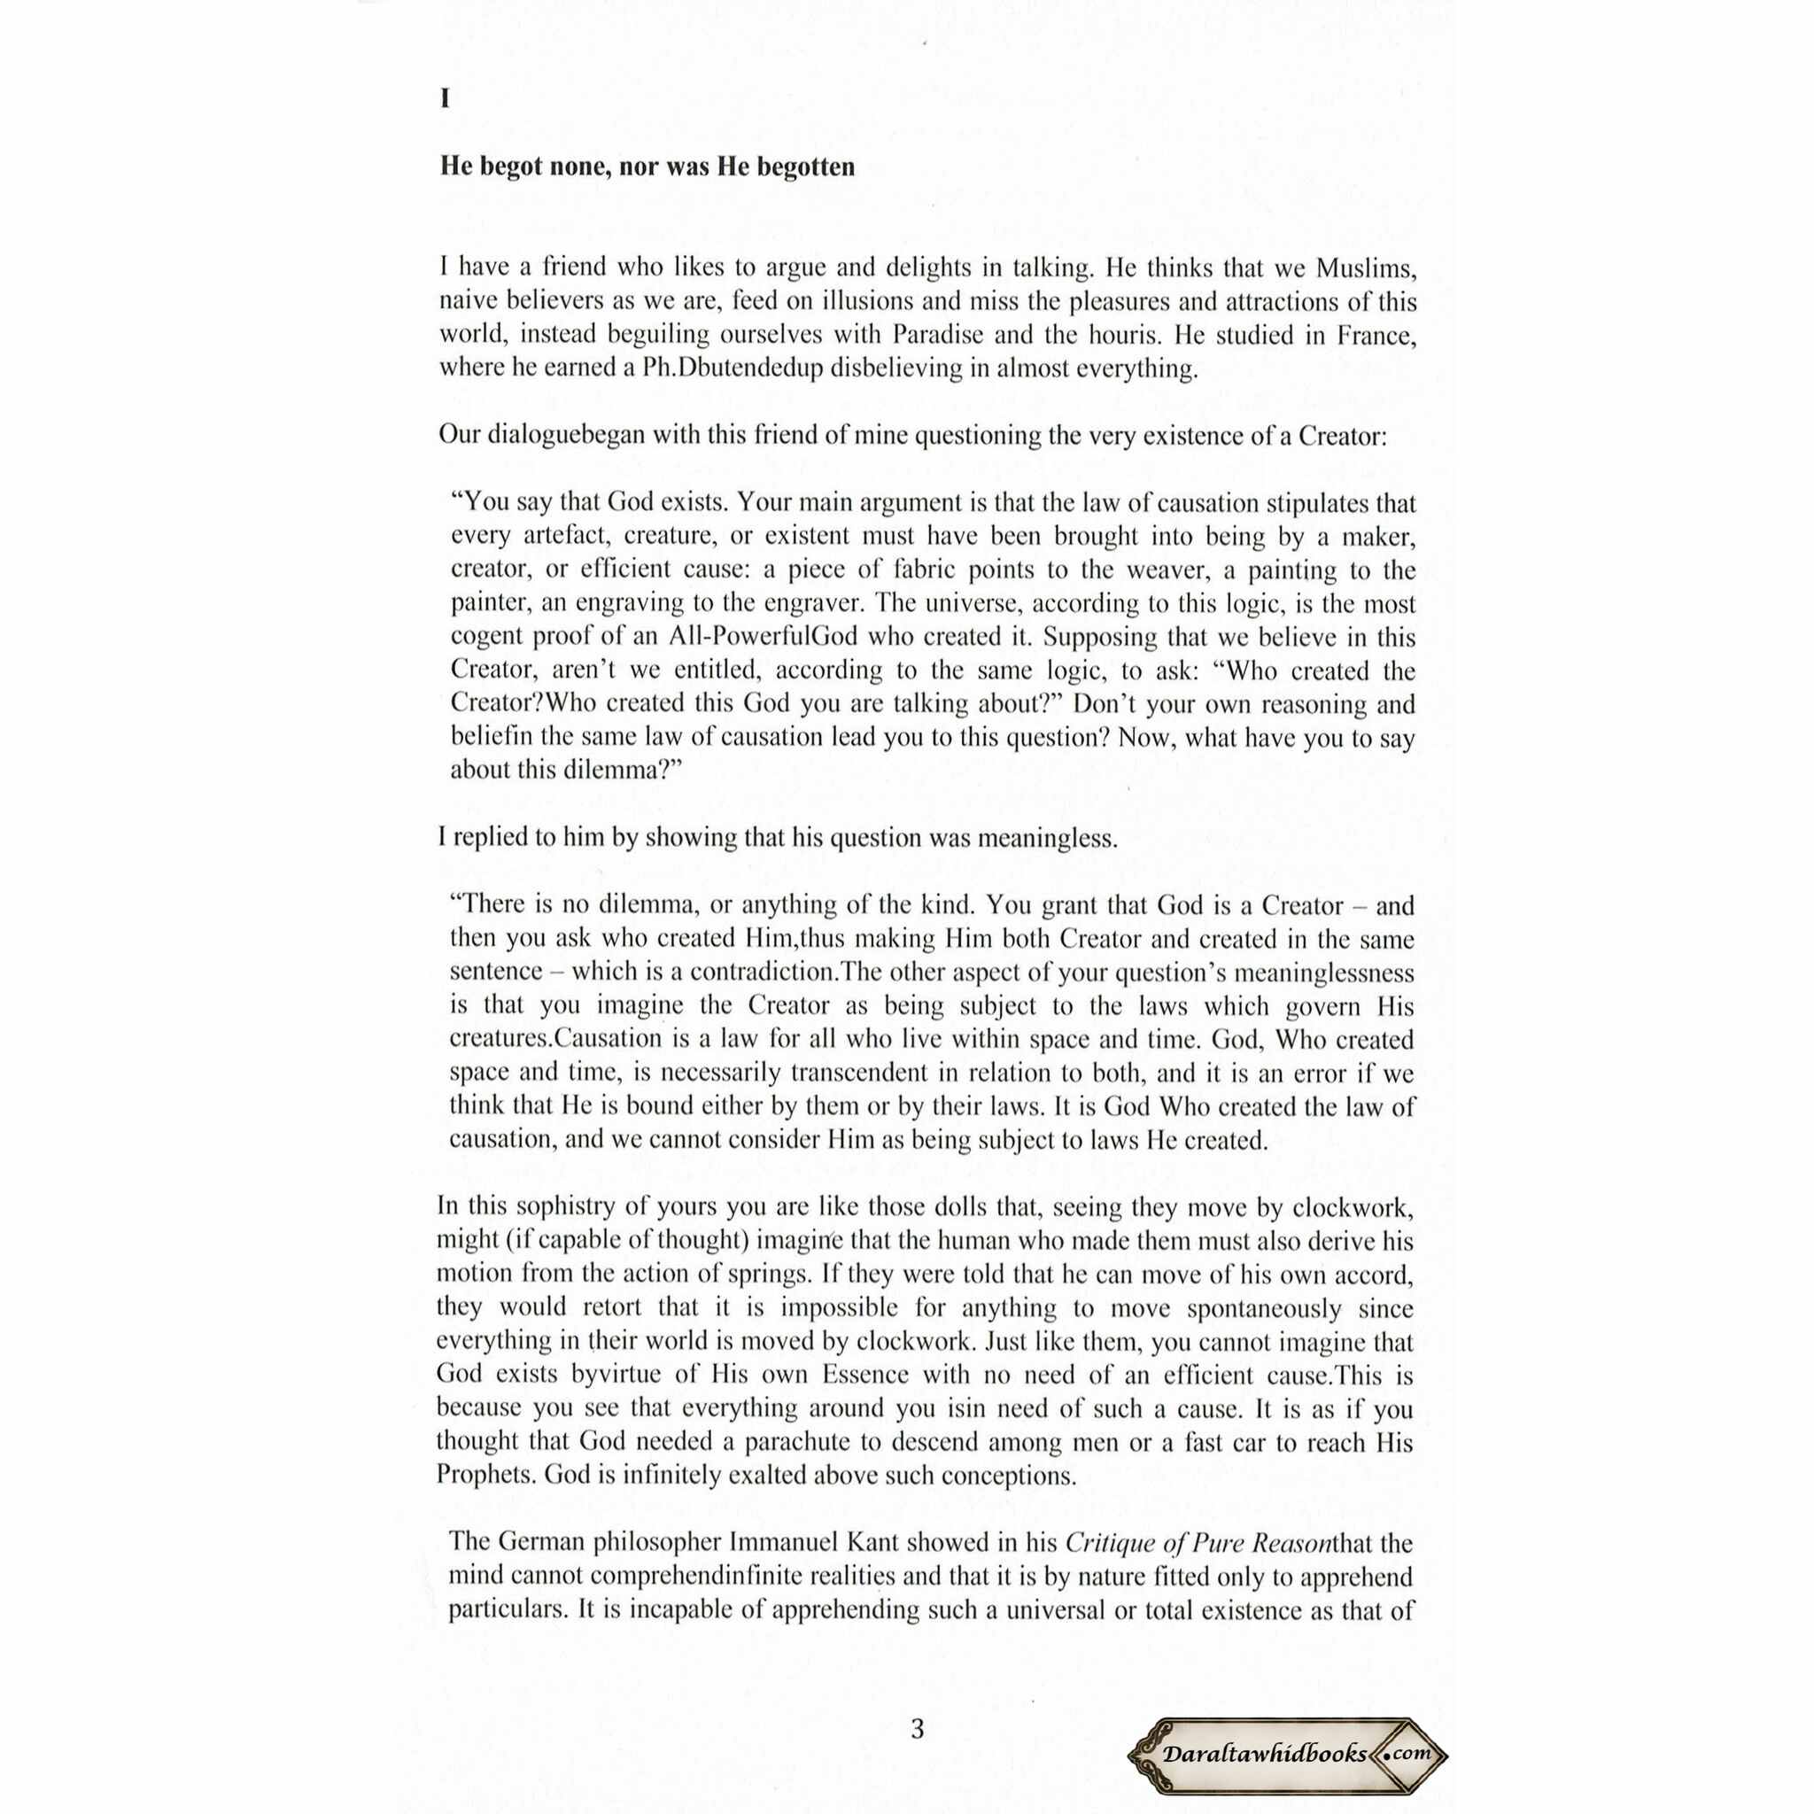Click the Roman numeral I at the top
445,99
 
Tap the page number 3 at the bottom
918,1729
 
